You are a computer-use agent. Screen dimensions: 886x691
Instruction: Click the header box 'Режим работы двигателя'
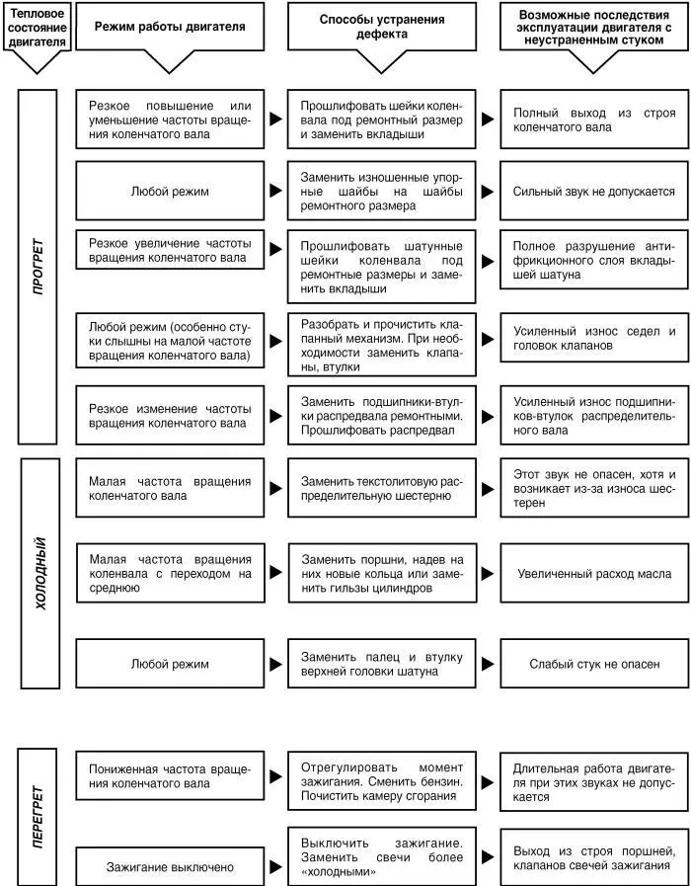coord(170,27)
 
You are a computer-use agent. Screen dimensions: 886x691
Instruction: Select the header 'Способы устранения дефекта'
coord(382,27)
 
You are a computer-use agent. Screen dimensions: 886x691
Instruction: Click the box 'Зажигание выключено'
coord(170,866)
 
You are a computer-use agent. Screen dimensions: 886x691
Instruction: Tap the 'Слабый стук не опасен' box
coord(594,665)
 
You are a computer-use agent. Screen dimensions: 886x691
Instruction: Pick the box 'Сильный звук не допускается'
coord(594,191)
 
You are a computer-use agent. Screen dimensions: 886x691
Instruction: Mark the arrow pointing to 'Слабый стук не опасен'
coord(488,665)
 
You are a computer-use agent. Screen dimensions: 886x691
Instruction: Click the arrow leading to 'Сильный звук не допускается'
coord(488,191)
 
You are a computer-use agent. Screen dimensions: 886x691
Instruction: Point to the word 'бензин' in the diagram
coord(438,780)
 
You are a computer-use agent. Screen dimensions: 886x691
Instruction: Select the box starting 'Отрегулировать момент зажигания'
coord(382,780)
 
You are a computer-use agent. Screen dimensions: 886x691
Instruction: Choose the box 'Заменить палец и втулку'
coord(382,665)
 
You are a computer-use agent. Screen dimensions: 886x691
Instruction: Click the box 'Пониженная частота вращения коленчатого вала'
coord(170,775)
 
